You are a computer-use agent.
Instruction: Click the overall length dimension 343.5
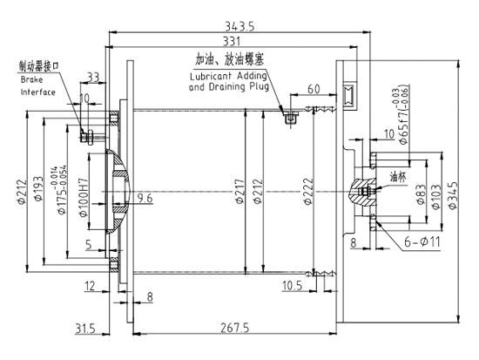(240, 26)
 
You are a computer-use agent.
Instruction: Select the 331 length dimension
(233, 42)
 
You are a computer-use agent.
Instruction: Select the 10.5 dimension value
(293, 285)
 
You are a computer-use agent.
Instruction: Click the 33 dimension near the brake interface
(93, 78)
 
